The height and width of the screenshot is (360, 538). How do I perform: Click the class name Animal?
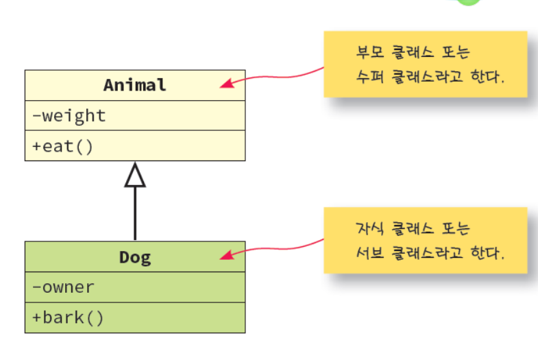(x=135, y=85)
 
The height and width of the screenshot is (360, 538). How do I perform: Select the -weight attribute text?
(x=69, y=116)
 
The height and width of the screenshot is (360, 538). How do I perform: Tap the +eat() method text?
(x=62, y=146)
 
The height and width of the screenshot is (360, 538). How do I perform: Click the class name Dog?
(x=135, y=257)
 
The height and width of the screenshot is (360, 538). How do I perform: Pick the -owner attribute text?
(x=63, y=287)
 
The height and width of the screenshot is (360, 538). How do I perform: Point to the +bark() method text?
(x=68, y=318)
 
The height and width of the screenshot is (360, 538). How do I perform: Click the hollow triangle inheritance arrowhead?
(x=135, y=176)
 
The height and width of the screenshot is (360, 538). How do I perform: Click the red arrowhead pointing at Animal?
(x=226, y=84)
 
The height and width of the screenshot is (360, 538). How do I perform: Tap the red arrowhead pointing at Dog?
(x=226, y=256)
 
